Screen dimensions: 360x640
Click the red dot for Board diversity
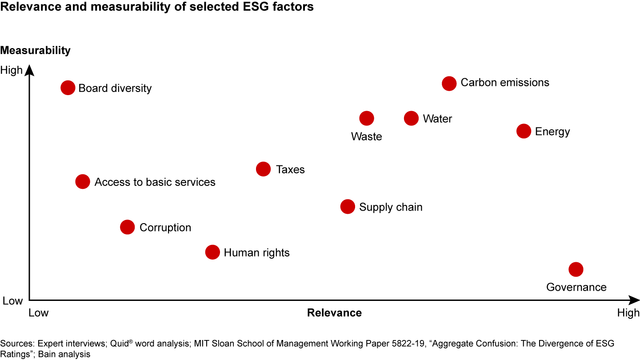pos(68,88)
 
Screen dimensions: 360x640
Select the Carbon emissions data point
pos(449,83)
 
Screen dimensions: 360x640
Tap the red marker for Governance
pos(576,269)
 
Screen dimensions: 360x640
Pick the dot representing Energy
pos(524,131)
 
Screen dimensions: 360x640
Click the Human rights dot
pos(212,252)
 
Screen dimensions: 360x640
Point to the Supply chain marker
pos(348,207)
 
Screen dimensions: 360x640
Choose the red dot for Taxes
pos(264,169)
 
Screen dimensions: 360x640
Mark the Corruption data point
pos(127,227)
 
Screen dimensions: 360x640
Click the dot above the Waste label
pos(367,118)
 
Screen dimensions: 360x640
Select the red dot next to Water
pos(412,118)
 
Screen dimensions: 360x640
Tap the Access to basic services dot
pos(83,181)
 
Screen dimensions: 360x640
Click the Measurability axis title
pos(36,50)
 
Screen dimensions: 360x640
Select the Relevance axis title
pos(334,313)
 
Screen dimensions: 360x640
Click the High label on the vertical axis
pos(11,70)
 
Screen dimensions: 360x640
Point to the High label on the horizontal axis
pos(628,313)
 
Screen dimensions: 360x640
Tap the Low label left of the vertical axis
pos(12,301)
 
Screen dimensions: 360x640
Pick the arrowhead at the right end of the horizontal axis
pos(634,300)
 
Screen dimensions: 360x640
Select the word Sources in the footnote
pos(17,344)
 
